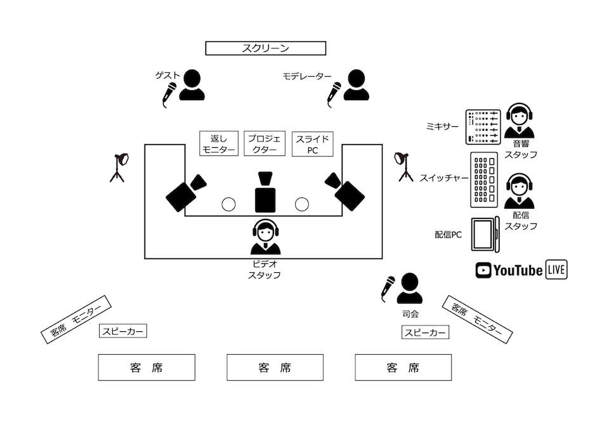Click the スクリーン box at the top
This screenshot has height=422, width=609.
pyautogui.click(x=265, y=48)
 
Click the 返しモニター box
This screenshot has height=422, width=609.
pyautogui.click(x=218, y=143)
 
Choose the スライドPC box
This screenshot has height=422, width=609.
pyautogui.click(x=311, y=143)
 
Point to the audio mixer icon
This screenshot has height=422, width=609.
pyautogui.click(x=483, y=126)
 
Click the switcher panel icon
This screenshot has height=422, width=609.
pyautogui.click(x=483, y=179)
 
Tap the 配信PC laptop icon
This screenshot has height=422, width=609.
pyautogui.click(x=486, y=235)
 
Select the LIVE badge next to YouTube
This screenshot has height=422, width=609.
pyautogui.click(x=556, y=270)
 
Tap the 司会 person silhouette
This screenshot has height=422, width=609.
pyautogui.click(x=409, y=289)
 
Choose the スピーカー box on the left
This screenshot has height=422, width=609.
pyautogui.click(x=123, y=331)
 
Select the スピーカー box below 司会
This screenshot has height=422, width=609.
pyautogui.click(x=426, y=332)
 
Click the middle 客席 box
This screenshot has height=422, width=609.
pyautogui.click(x=275, y=367)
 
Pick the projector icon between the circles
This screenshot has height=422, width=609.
pyautogui.click(x=265, y=192)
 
